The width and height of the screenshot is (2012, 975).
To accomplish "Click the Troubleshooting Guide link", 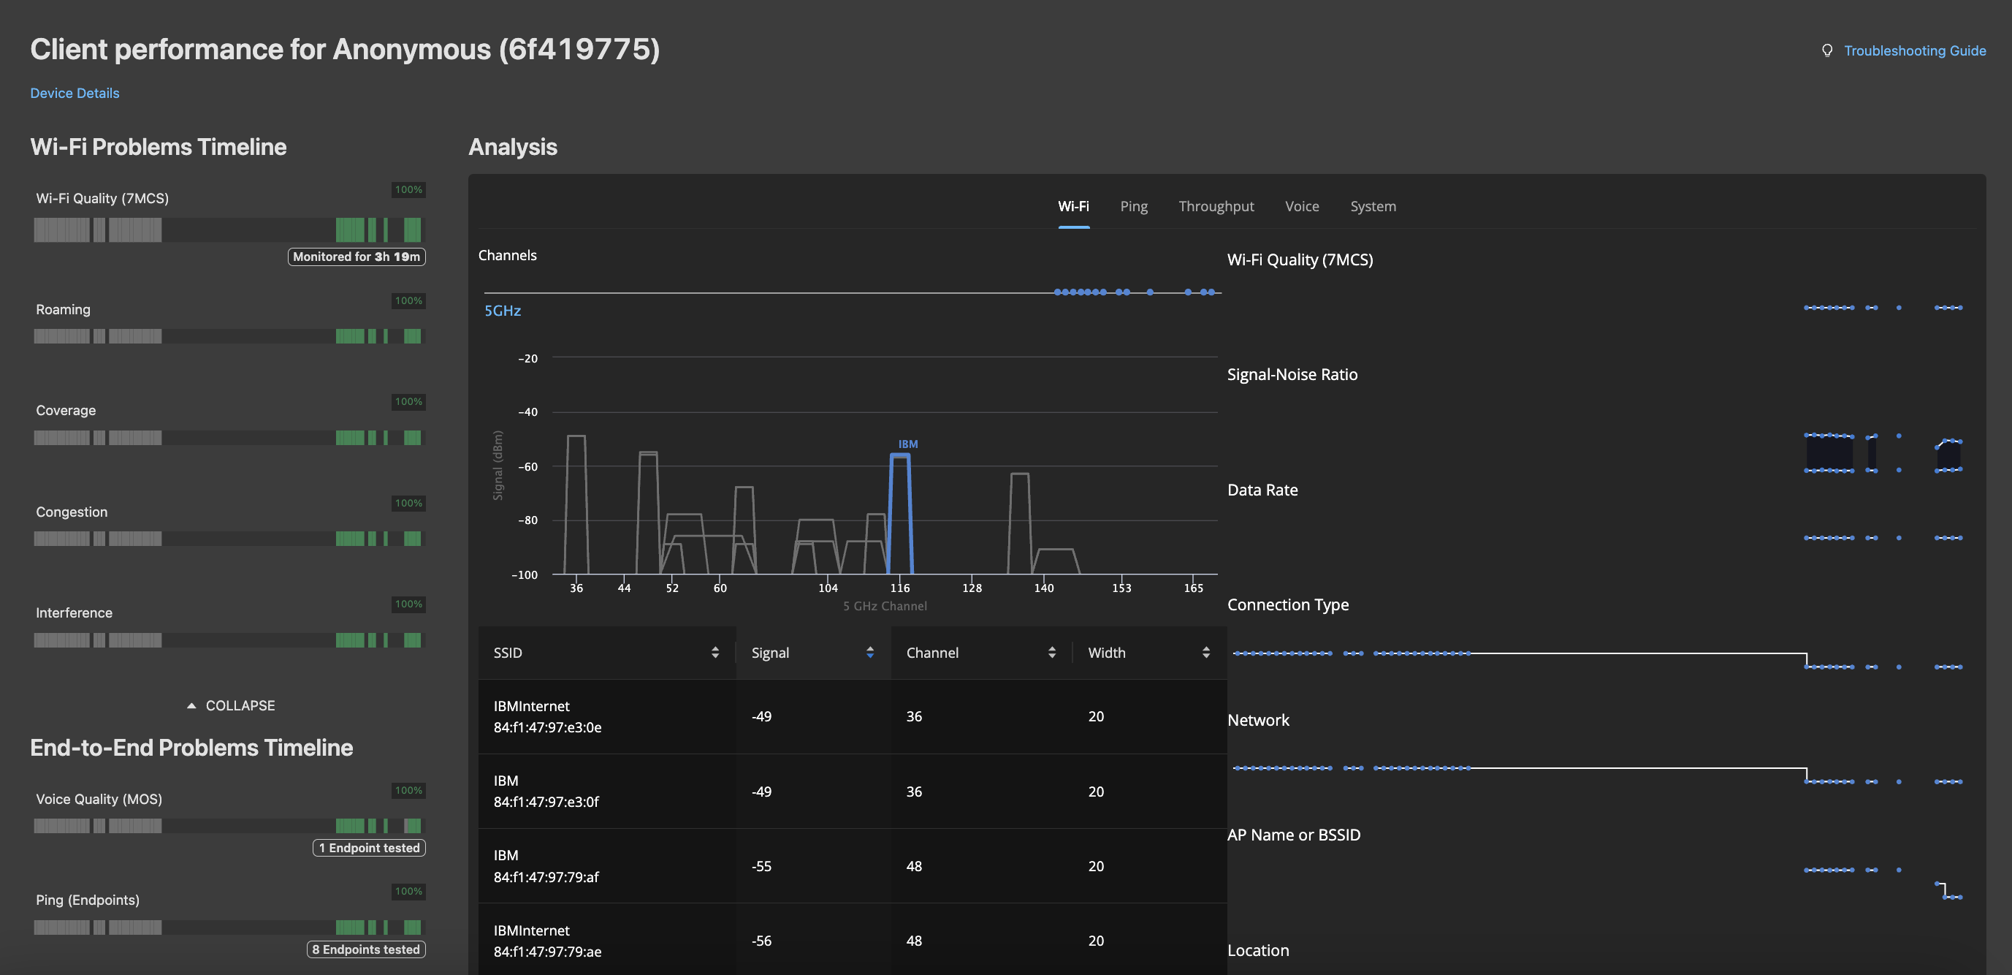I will tap(1913, 50).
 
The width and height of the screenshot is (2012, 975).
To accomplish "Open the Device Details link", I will tap(75, 93).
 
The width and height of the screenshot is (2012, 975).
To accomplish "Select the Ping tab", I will tap(1133, 206).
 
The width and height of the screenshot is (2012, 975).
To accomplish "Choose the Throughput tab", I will tap(1216, 206).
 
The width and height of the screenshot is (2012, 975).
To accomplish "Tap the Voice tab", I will tap(1302, 206).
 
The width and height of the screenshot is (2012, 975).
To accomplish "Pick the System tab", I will tap(1373, 206).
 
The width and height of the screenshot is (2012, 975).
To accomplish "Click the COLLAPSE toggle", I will tap(231, 705).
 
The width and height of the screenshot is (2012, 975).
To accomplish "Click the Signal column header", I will tap(770, 653).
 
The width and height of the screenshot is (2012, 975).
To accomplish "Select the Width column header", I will tap(1107, 653).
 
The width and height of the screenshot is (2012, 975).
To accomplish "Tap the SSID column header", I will tap(508, 653).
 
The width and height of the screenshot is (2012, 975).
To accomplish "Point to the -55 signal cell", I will tap(761, 865).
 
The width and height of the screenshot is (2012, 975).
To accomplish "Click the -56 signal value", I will tap(761, 941).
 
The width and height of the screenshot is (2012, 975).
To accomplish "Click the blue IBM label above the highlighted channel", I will tap(907, 444).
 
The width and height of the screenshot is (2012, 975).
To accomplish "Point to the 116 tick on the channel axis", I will tap(900, 588).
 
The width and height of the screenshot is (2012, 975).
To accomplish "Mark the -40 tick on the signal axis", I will tap(528, 411).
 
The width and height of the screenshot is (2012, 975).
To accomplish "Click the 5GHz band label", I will tap(502, 311).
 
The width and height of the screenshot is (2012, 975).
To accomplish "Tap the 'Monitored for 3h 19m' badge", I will tap(357, 257).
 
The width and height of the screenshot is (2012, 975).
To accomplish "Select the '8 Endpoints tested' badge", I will tap(365, 949).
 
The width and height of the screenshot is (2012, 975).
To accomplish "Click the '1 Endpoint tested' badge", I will tap(369, 848).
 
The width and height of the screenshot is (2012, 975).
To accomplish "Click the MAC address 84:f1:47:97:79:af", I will tap(546, 876).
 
